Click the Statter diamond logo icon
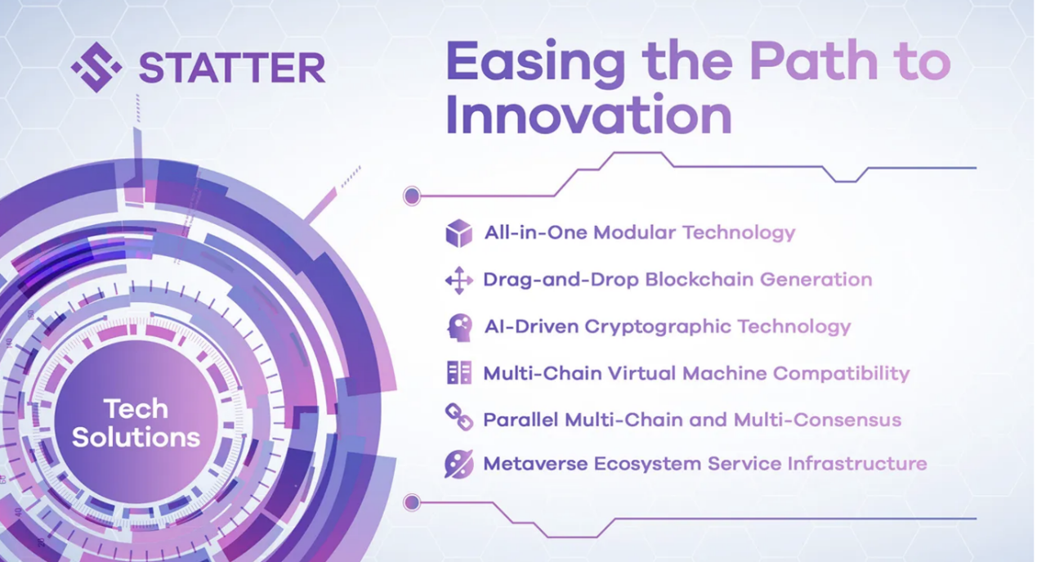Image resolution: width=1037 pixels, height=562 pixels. [x=96, y=66]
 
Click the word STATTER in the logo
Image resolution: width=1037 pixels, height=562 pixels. [x=232, y=68]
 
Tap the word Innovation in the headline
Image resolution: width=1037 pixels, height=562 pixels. [x=588, y=116]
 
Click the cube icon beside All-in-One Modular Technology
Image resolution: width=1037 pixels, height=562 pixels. [x=459, y=233]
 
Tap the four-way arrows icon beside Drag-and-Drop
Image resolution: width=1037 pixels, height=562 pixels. [x=459, y=281]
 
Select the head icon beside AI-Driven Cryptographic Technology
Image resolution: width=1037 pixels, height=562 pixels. [x=459, y=327]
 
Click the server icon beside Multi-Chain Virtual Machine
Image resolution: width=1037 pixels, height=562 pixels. [x=459, y=374]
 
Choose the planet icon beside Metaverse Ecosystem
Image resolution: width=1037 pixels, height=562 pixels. [x=459, y=464]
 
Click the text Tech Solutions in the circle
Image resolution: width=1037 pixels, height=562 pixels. [x=136, y=423]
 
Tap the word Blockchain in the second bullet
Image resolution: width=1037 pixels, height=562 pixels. [x=700, y=280]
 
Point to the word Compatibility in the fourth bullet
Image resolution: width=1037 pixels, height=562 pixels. [x=841, y=374]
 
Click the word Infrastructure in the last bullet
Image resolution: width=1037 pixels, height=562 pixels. [x=857, y=464]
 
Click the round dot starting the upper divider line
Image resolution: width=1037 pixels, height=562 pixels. [x=412, y=196]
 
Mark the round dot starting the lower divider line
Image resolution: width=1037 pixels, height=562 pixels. [x=412, y=502]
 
